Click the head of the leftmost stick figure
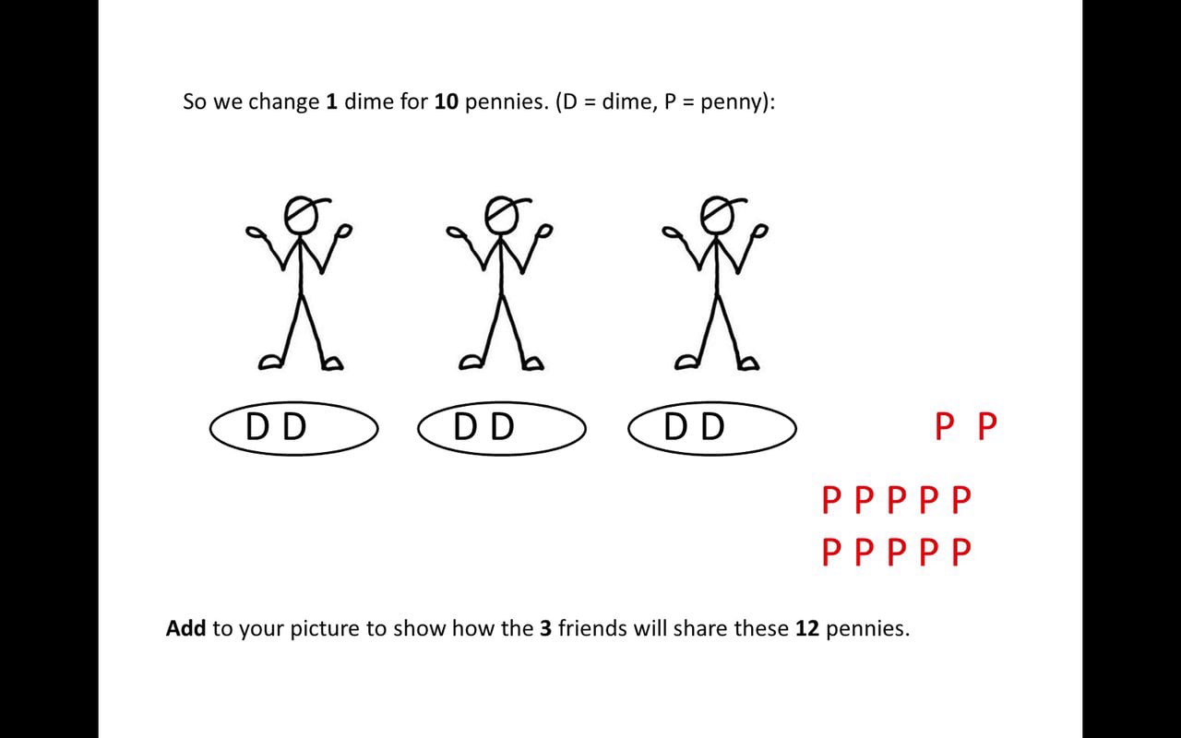(301, 215)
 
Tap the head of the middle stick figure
(502, 215)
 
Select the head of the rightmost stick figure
(718, 215)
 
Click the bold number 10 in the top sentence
(446, 101)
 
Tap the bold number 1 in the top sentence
(331, 101)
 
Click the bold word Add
(185, 628)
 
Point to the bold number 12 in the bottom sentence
(807, 628)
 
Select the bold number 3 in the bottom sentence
(545, 628)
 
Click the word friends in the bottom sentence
(592, 628)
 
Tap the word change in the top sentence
(283, 102)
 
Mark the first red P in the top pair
(944, 426)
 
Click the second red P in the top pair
(987, 426)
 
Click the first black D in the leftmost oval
(257, 426)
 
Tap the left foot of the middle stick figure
(471, 363)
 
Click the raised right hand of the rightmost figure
(761, 231)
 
